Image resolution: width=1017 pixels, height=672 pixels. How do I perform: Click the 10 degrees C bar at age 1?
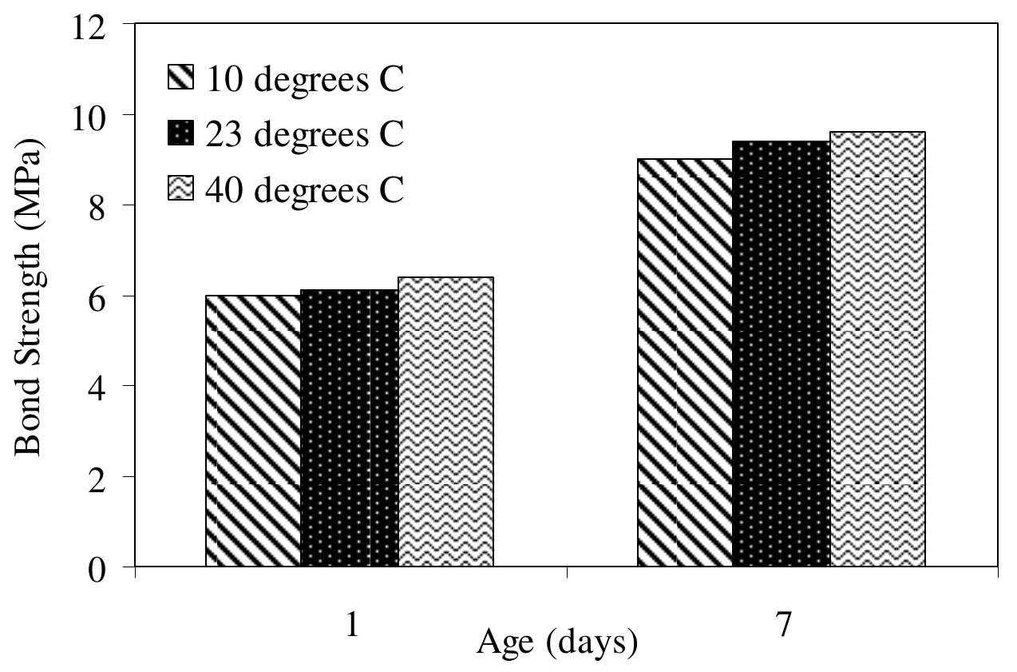coord(253,431)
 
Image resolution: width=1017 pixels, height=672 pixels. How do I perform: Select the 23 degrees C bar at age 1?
coord(350,428)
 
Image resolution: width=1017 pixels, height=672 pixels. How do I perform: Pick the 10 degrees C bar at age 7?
coord(685,363)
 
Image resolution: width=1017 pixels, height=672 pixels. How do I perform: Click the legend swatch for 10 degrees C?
coord(180,78)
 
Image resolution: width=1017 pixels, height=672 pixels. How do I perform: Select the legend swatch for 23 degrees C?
coord(180,134)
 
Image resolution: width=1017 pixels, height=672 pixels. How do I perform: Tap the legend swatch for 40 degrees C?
coord(180,190)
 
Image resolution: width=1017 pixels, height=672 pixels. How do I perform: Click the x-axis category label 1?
coord(351,626)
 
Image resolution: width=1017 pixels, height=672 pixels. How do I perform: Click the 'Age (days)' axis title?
coord(557,642)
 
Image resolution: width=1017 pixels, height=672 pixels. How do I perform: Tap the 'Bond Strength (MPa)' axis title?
coord(29,296)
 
